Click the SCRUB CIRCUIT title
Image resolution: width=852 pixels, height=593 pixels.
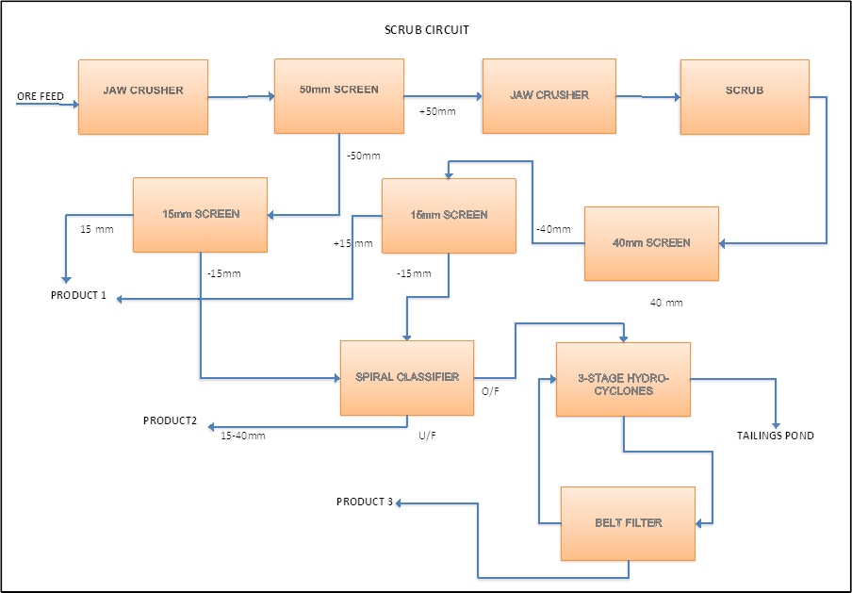[x=427, y=30]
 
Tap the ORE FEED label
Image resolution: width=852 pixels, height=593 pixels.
[x=40, y=97]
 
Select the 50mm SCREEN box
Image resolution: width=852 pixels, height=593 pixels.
[x=339, y=95]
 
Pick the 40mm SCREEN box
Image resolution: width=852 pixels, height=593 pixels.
[x=651, y=243]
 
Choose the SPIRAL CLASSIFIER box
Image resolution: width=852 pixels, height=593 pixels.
[x=407, y=377]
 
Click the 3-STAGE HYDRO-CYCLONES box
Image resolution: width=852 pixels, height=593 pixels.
[x=623, y=379]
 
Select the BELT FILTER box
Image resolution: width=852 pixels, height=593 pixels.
[x=628, y=523]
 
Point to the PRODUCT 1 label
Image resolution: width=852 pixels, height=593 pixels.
[x=79, y=296]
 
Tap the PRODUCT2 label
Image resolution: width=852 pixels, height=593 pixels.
[x=170, y=420]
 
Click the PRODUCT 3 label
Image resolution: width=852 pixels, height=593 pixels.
[x=364, y=502]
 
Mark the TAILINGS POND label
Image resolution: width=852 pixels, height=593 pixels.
[x=775, y=436]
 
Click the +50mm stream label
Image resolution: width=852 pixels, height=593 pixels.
[x=437, y=112]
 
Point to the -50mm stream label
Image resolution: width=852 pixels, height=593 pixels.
[x=363, y=156]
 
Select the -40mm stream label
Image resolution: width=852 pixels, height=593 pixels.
[x=553, y=229]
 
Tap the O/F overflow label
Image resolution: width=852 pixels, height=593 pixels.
[x=490, y=390]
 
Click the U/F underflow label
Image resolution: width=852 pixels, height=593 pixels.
[x=428, y=436]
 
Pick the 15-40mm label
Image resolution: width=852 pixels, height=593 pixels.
[x=243, y=436]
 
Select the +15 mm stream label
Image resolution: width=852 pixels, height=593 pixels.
[x=352, y=244]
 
